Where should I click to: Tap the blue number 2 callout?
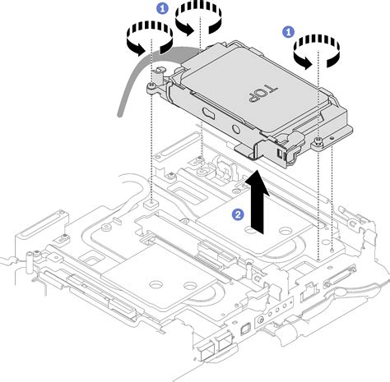[x=238, y=214]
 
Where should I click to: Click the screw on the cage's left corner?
[x=152, y=84]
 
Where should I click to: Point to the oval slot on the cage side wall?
[x=203, y=111]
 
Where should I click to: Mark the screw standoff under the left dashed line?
[x=151, y=200]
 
